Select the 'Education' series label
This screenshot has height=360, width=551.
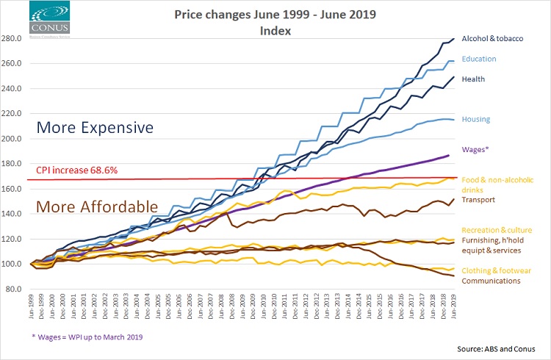[479, 59]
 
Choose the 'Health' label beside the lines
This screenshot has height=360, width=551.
[474, 79]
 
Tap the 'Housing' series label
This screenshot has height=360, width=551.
[476, 119]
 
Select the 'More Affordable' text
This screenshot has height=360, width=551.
[96, 206]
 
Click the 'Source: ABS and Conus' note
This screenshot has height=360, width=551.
[494, 348]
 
